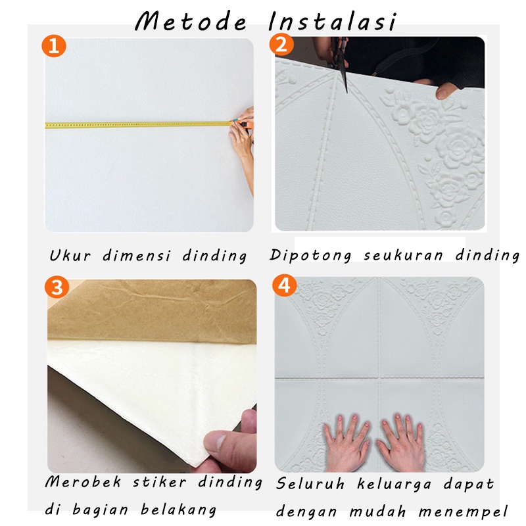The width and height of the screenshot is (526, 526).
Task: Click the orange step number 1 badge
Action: tap(55, 46)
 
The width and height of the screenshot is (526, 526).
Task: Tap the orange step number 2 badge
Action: tap(281, 45)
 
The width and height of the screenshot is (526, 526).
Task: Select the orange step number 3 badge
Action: tap(57, 287)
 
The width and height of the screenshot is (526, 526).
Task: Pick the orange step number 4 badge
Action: tap(285, 286)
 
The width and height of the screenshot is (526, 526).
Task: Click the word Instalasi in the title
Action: tap(333, 21)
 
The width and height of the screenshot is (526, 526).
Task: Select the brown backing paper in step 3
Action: tap(151, 312)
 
